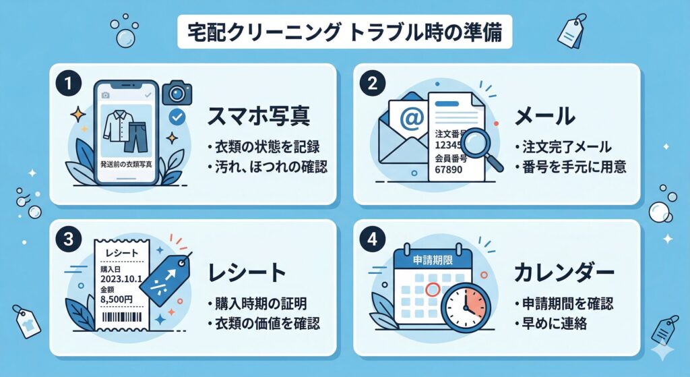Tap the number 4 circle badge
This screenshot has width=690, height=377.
click(x=372, y=239)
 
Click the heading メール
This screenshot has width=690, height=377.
click(x=545, y=116)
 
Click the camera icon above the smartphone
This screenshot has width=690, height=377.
click(x=177, y=92)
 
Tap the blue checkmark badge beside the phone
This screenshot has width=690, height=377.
click(x=177, y=118)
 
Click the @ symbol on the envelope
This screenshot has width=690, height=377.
click(x=410, y=119)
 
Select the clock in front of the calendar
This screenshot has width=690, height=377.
click(x=466, y=306)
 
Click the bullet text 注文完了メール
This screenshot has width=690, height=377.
click(x=567, y=146)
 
